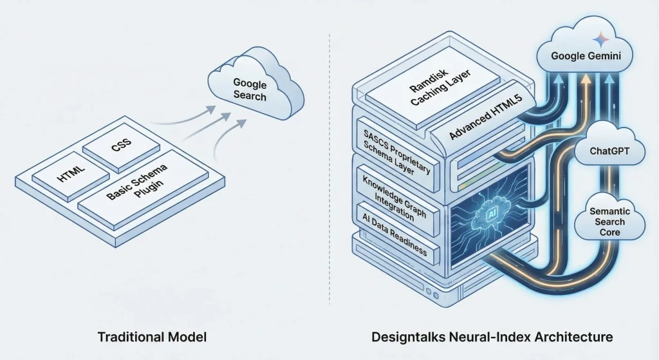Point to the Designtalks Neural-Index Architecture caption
(491, 336)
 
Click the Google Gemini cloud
(586, 56)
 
